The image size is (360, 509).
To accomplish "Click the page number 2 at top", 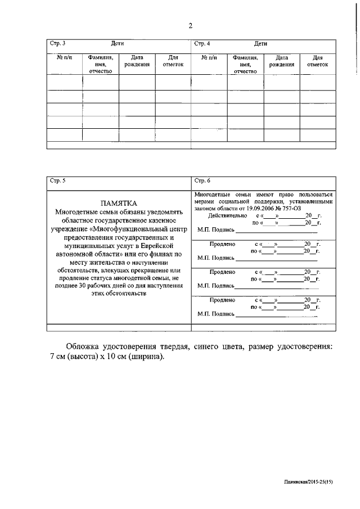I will [x=190, y=25].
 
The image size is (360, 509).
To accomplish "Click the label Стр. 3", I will [x=57, y=43].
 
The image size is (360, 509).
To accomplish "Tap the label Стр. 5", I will [x=57, y=181].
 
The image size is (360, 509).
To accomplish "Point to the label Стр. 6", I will [x=202, y=181].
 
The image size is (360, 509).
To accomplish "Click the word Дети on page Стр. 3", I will [x=117, y=43].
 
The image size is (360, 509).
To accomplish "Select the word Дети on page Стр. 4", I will [x=260, y=43].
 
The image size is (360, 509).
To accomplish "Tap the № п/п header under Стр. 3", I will [x=64, y=57].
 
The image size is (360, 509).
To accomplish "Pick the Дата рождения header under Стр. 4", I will [x=281, y=61].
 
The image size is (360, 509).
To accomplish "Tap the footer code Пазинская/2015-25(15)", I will [x=308, y=481].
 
